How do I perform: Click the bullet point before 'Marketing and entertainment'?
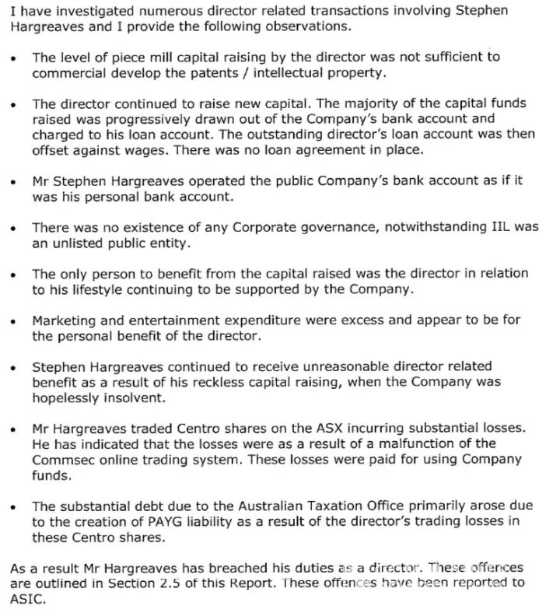(x=14, y=321)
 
